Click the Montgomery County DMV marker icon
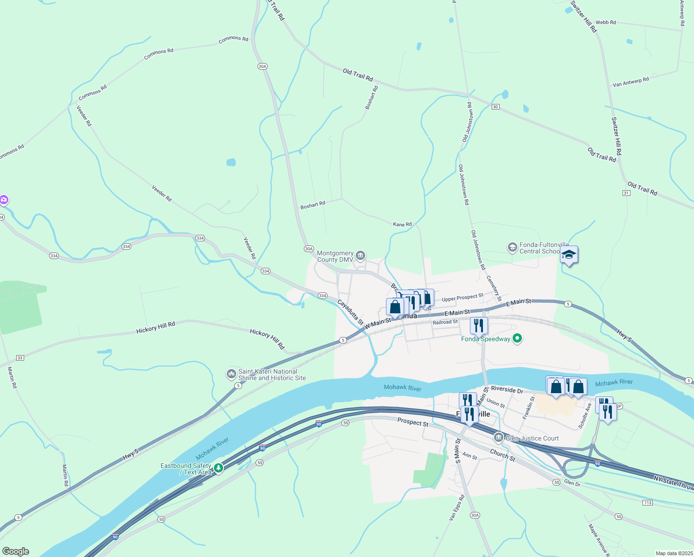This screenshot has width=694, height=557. pos(360,255)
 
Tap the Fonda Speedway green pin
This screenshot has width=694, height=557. pos(518,338)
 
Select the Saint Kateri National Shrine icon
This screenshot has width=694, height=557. pos(231,374)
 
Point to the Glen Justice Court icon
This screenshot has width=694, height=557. pos(499,437)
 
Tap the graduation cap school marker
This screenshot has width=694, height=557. pos(569,255)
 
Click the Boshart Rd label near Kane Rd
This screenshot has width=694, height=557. pos(313,205)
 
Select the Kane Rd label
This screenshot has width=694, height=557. pos(402,224)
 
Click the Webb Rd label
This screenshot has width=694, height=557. pos(605,22)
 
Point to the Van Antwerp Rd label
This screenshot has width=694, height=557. pos(630,82)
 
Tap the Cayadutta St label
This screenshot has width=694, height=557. pos(350,311)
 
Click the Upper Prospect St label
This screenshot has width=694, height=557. pos(463,298)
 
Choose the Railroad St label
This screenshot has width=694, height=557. pos(445,322)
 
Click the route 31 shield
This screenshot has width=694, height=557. pos(626,193)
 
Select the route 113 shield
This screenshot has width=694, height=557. pos(648,503)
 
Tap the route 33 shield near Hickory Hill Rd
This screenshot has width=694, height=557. pos(19,358)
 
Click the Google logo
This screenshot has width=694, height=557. pos(16,551)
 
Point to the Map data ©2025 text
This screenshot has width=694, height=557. pos(674,553)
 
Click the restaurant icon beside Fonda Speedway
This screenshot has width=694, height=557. pos(479,325)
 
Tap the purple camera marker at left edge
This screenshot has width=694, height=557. pos(4,200)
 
